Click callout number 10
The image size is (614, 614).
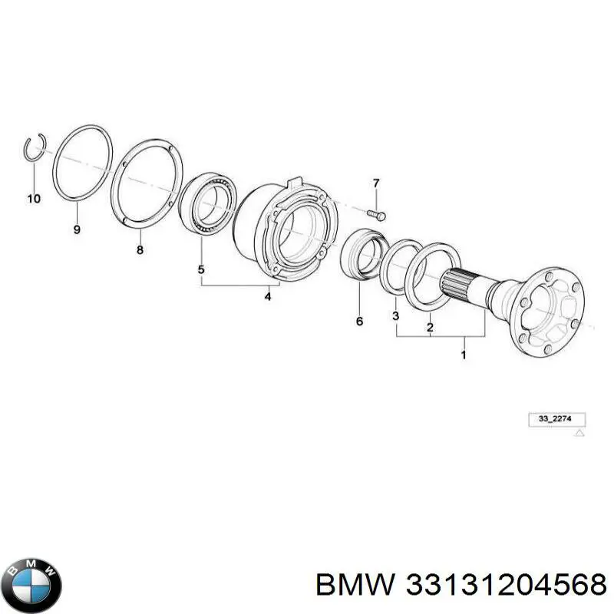coord(34,199)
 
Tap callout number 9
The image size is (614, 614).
coord(77,229)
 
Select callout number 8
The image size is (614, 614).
coord(140,250)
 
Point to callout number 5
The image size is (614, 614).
coord(201,270)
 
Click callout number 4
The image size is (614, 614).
coord(267,296)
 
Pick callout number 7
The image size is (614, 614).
coord(376,183)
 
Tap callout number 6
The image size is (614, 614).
coord(359,321)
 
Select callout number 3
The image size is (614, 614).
coord(395,315)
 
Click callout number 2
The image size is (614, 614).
coord(430,328)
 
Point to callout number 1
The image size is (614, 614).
coord(464,355)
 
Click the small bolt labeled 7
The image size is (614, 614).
coord(377,215)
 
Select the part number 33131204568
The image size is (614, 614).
coord(506,586)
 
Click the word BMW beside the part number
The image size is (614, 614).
coord(355,586)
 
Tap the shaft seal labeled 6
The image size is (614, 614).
coord(362,255)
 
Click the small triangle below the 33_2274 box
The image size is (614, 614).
coord(579,433)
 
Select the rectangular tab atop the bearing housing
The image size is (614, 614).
coord(295,182)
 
